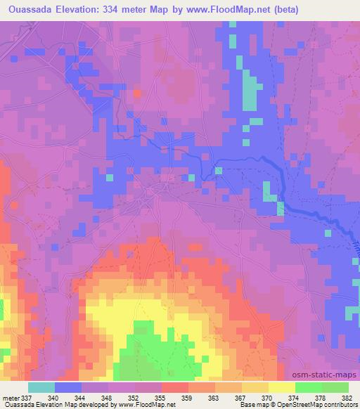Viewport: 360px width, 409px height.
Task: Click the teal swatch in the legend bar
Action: click(x=41, y=387)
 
